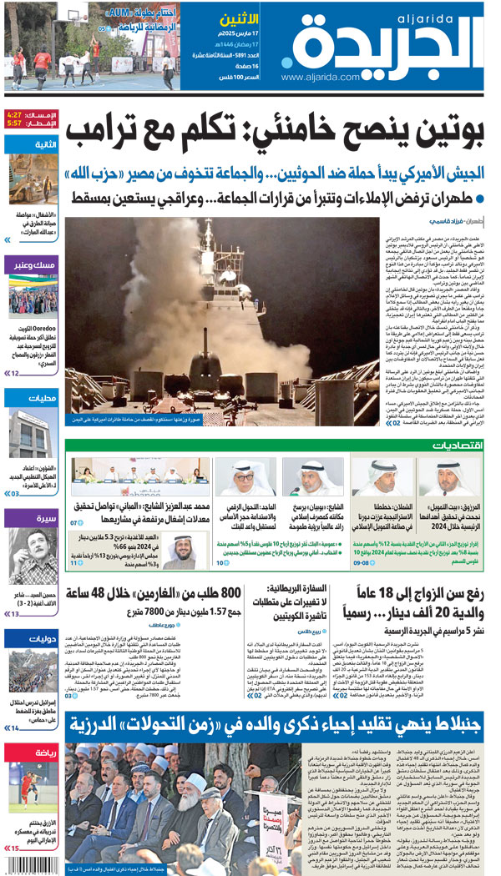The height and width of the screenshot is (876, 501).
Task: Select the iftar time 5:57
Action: coord(16,123)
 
